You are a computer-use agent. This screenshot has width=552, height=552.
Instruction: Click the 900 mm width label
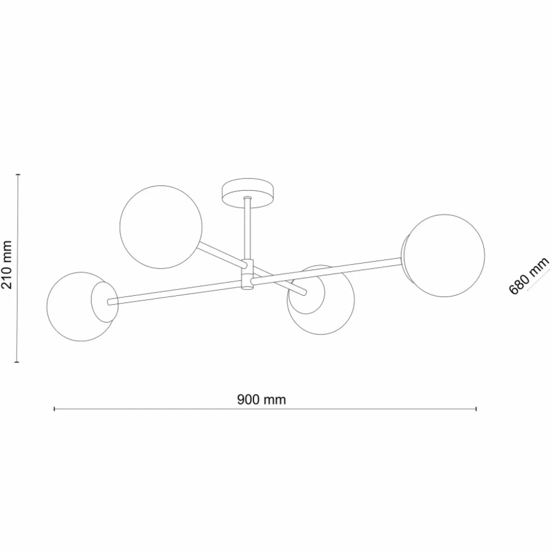click(x=261, y=399)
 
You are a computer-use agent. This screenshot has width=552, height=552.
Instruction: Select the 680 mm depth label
click(x=529, y=275)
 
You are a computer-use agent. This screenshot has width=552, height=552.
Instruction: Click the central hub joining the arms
click(x=247, y=274)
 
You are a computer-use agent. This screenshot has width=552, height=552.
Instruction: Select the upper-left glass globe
click(x=161, y=227)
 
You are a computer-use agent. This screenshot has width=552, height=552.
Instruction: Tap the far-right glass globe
click(x=444, y=255)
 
